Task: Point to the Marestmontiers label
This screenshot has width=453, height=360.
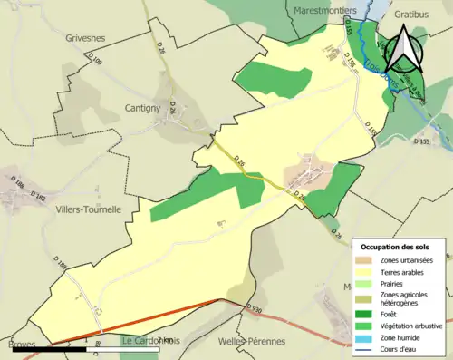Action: (x=325, y=10)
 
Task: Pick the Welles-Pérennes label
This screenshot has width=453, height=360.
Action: (x=252, y=342)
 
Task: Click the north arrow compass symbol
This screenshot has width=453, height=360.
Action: (x=405, y=49)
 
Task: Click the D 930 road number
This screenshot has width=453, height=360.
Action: (x=255, y=309)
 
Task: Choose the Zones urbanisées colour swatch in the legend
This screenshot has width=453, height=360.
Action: (x=367, y=261)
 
